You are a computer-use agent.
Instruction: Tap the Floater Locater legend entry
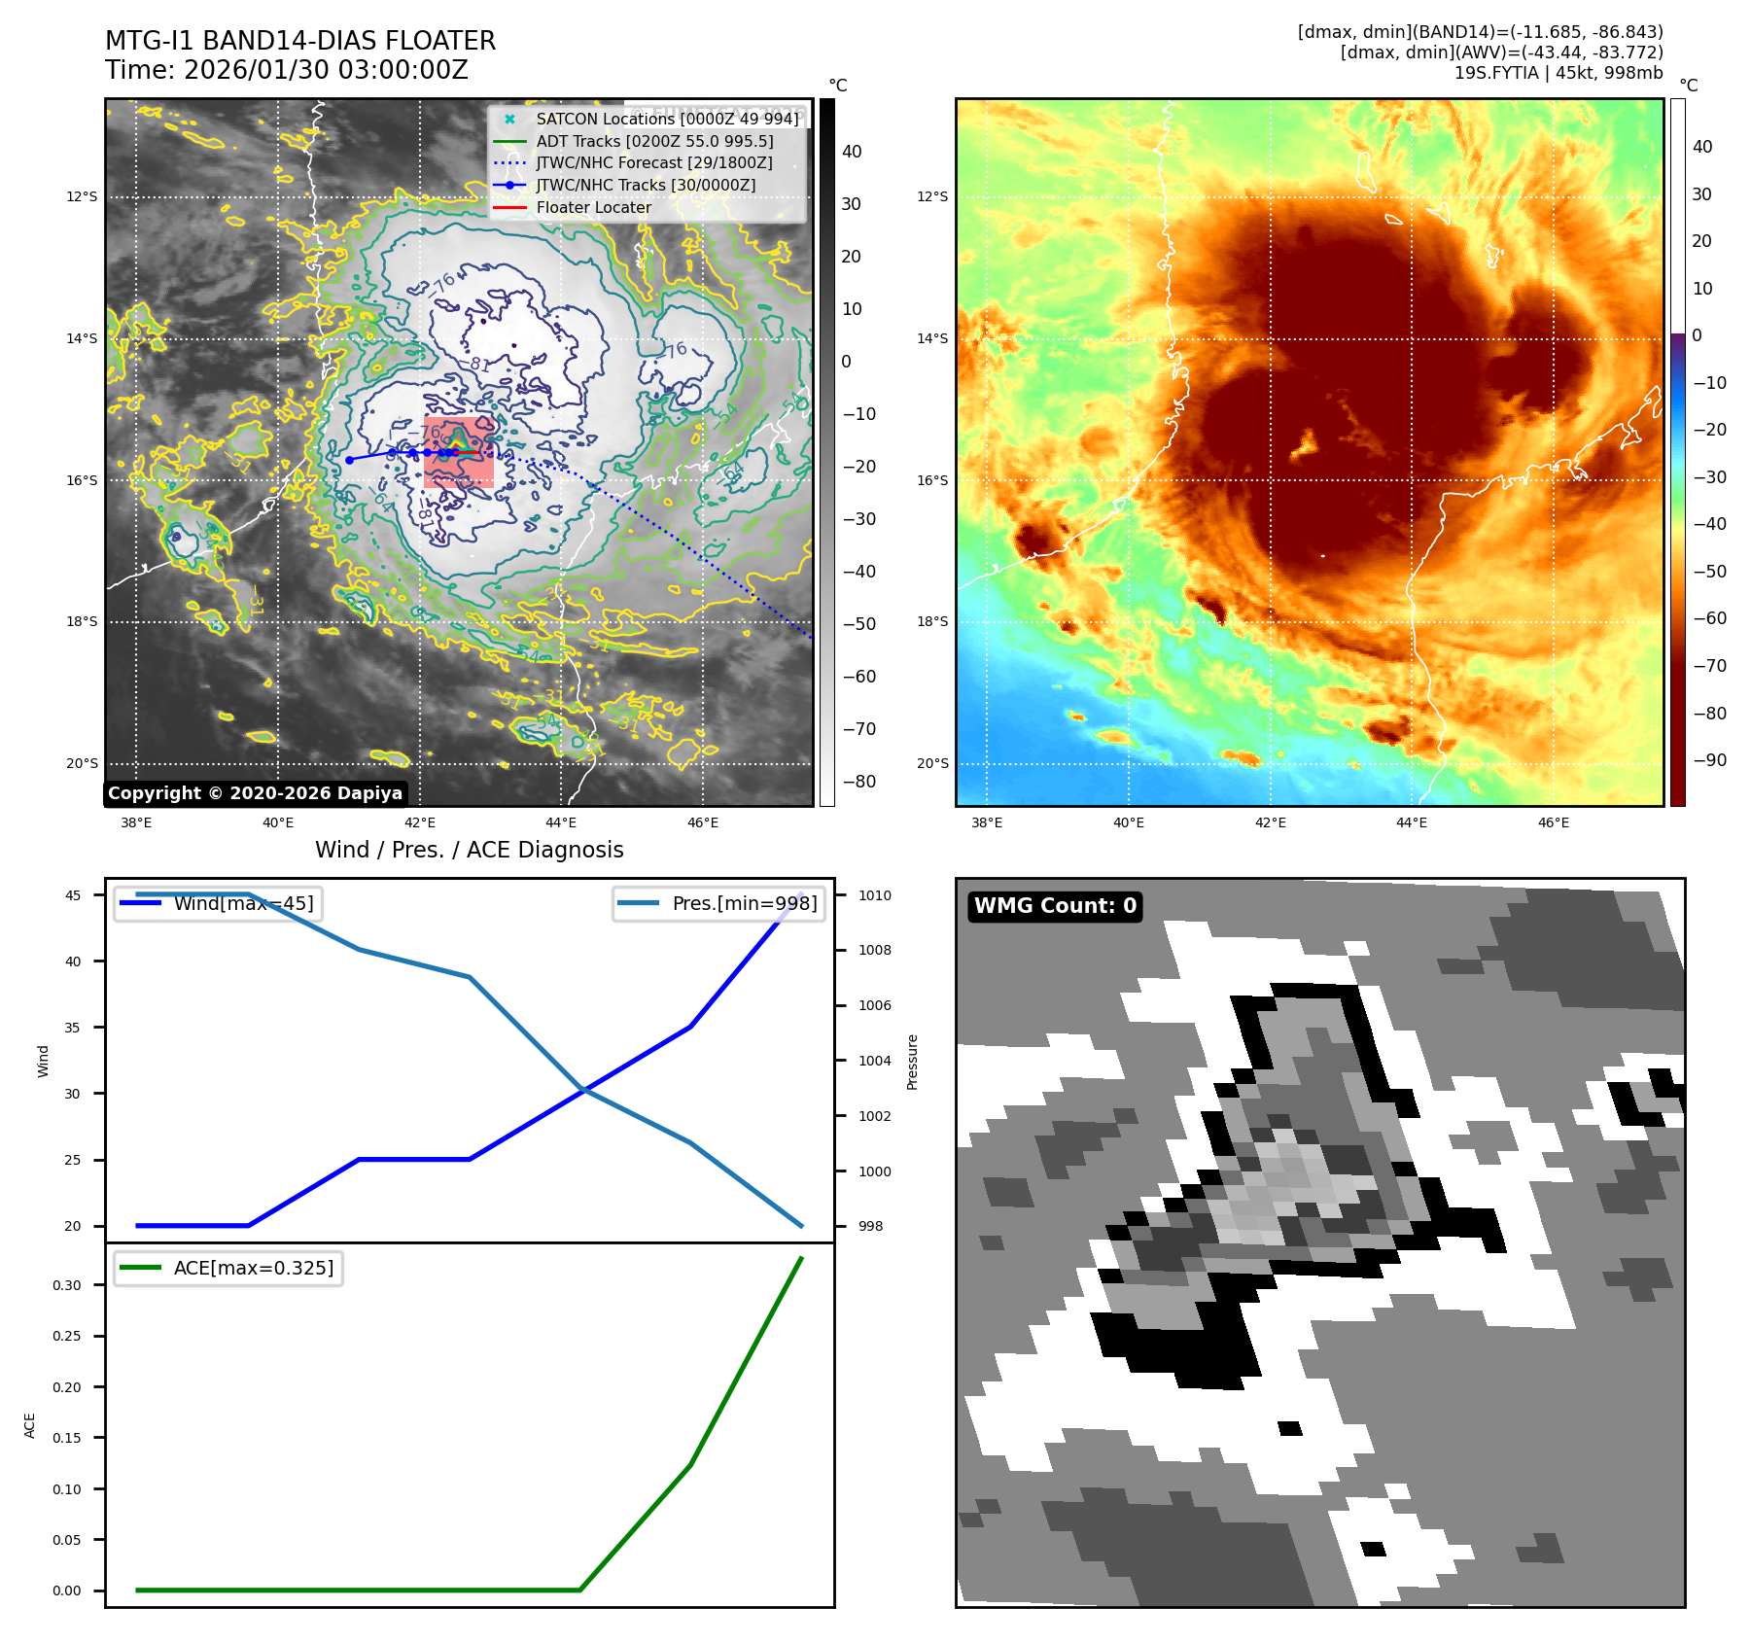593,207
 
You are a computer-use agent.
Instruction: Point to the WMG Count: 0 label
1055,906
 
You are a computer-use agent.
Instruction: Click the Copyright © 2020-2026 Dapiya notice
255,793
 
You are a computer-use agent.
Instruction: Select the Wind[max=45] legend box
219,903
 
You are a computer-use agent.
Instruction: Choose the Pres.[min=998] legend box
718,903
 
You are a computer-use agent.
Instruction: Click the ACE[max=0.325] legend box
228,1268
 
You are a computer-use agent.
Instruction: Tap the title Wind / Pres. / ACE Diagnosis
469,850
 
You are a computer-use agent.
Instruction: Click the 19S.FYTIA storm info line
1558,73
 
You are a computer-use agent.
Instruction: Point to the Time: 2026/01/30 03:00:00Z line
287,70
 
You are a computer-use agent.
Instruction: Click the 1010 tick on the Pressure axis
874,895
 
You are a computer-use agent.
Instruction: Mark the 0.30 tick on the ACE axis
67,1285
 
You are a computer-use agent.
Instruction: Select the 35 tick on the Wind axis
73,1028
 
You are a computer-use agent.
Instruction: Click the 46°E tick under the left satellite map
703,822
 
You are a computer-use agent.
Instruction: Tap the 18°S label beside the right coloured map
932,622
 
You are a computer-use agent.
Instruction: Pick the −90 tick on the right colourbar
1709,760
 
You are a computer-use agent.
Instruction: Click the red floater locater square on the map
459,452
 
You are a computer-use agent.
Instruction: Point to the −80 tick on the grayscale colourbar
858,782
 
